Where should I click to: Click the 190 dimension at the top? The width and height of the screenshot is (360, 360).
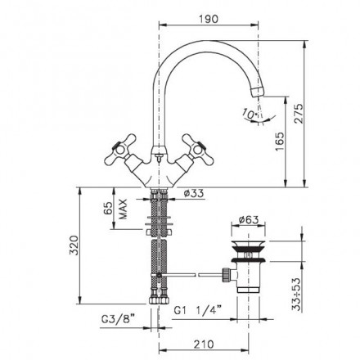[x=209, y=19]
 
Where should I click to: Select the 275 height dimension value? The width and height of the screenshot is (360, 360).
[x=299, y=114]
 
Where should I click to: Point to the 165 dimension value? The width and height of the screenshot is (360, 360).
[x=280, y=142]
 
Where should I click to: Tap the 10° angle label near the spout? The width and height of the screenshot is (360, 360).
[x=250, y=114]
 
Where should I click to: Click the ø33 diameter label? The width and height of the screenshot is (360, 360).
[x=194, y=193]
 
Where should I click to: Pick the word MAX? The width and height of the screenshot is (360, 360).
[x=123, y=209]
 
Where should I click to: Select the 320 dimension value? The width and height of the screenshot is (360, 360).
[x=74, y=245]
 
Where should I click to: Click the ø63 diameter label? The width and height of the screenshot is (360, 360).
[x=248, y=220]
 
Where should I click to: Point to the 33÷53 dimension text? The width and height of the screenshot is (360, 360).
[x=296, y=295]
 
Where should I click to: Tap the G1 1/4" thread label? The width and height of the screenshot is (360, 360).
[x=198, y=310]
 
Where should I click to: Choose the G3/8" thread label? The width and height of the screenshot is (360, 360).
[x=119, y=319]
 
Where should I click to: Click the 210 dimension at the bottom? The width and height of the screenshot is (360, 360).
[x=204, y=344]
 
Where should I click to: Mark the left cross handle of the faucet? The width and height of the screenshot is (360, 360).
[x=121, y=150]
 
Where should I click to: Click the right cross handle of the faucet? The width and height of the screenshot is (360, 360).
[x=198, y=150]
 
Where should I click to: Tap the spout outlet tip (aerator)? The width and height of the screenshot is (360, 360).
[x=257, y=92]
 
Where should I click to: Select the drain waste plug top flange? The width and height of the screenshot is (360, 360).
[x=248, y=245]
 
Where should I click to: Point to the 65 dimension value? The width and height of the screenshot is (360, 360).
[x=108, y=209]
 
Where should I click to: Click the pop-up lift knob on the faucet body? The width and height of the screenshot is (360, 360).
[x=159, y=157]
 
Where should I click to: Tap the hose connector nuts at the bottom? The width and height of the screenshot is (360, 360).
[x=159, y=300]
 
